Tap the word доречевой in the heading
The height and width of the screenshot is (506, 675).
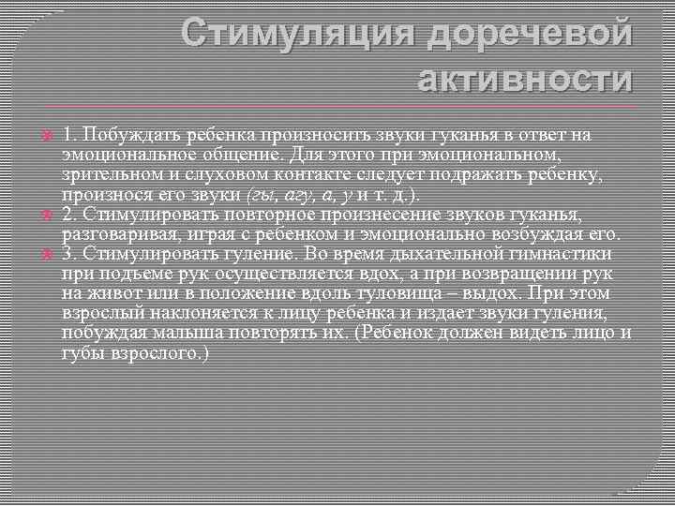tap(529, 35)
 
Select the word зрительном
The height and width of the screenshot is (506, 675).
tap(107, 175)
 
